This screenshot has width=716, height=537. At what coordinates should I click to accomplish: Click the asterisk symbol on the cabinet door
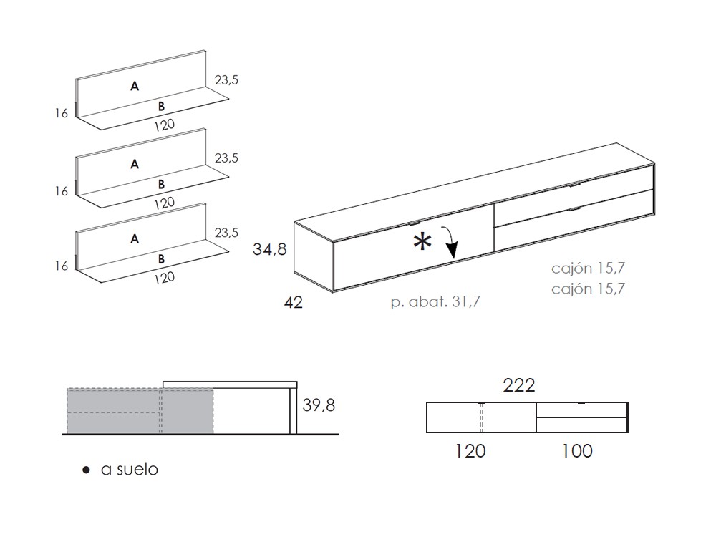(x=422, y=243)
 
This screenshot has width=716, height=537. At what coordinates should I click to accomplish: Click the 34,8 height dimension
(x=270, y=250)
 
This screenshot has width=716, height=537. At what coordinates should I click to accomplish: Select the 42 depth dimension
(x=294, y=302)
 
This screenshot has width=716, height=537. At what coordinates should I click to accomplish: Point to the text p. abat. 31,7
(x=435, y=302)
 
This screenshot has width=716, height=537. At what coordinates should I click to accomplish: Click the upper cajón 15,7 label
(x=589, y=269)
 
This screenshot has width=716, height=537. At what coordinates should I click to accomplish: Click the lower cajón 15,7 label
(x=589, y=289)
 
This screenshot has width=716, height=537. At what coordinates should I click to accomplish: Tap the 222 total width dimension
(x=519, y=386)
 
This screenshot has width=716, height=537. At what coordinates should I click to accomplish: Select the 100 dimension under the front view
(x=578, y=450)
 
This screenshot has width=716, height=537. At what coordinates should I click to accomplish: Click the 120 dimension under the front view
(x=470, y=450)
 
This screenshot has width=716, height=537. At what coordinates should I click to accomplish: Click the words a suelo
(x=130, y=470)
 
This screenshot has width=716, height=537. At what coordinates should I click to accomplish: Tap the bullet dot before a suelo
(x=86, y=470)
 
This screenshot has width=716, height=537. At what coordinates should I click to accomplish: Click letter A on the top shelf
(x=134, y=87)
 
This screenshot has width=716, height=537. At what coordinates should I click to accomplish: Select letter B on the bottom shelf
(x=162, y=258)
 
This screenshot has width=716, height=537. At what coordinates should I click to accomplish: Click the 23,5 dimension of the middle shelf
(x=226, y=158)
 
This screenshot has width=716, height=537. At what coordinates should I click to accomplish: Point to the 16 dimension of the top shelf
(x=61, y=112)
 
